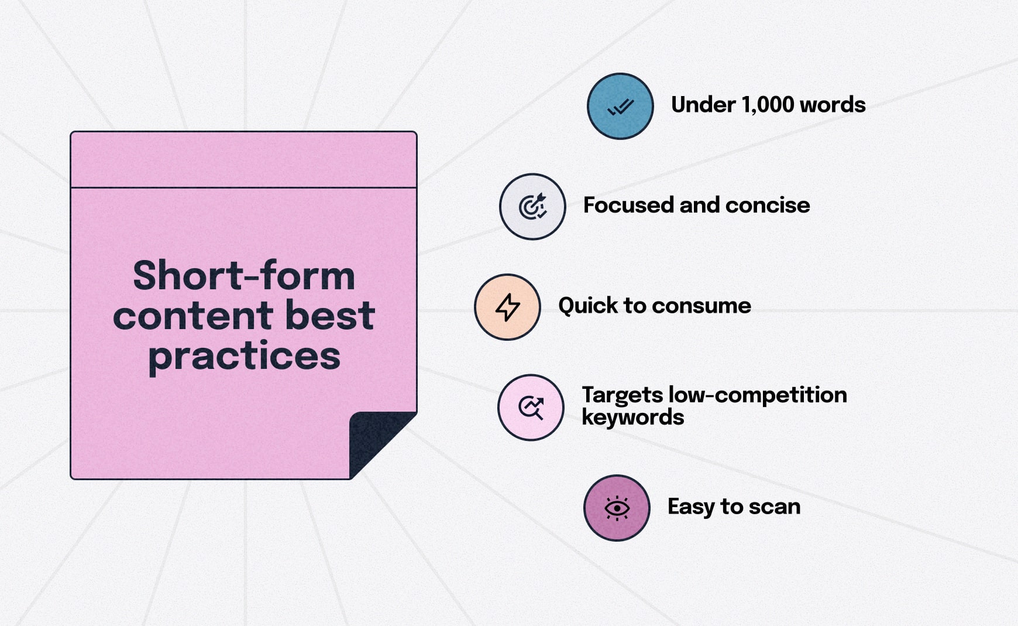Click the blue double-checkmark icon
pos(620,106)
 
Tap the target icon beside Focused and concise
pos(532,207)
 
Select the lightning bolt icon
pos(507,307)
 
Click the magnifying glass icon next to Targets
pos(531,408)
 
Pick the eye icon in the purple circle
pos(617,508)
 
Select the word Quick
pos(587,306)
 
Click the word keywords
pos(632,418)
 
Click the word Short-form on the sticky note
pos(244,275)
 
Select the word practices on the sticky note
pos(244,356)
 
